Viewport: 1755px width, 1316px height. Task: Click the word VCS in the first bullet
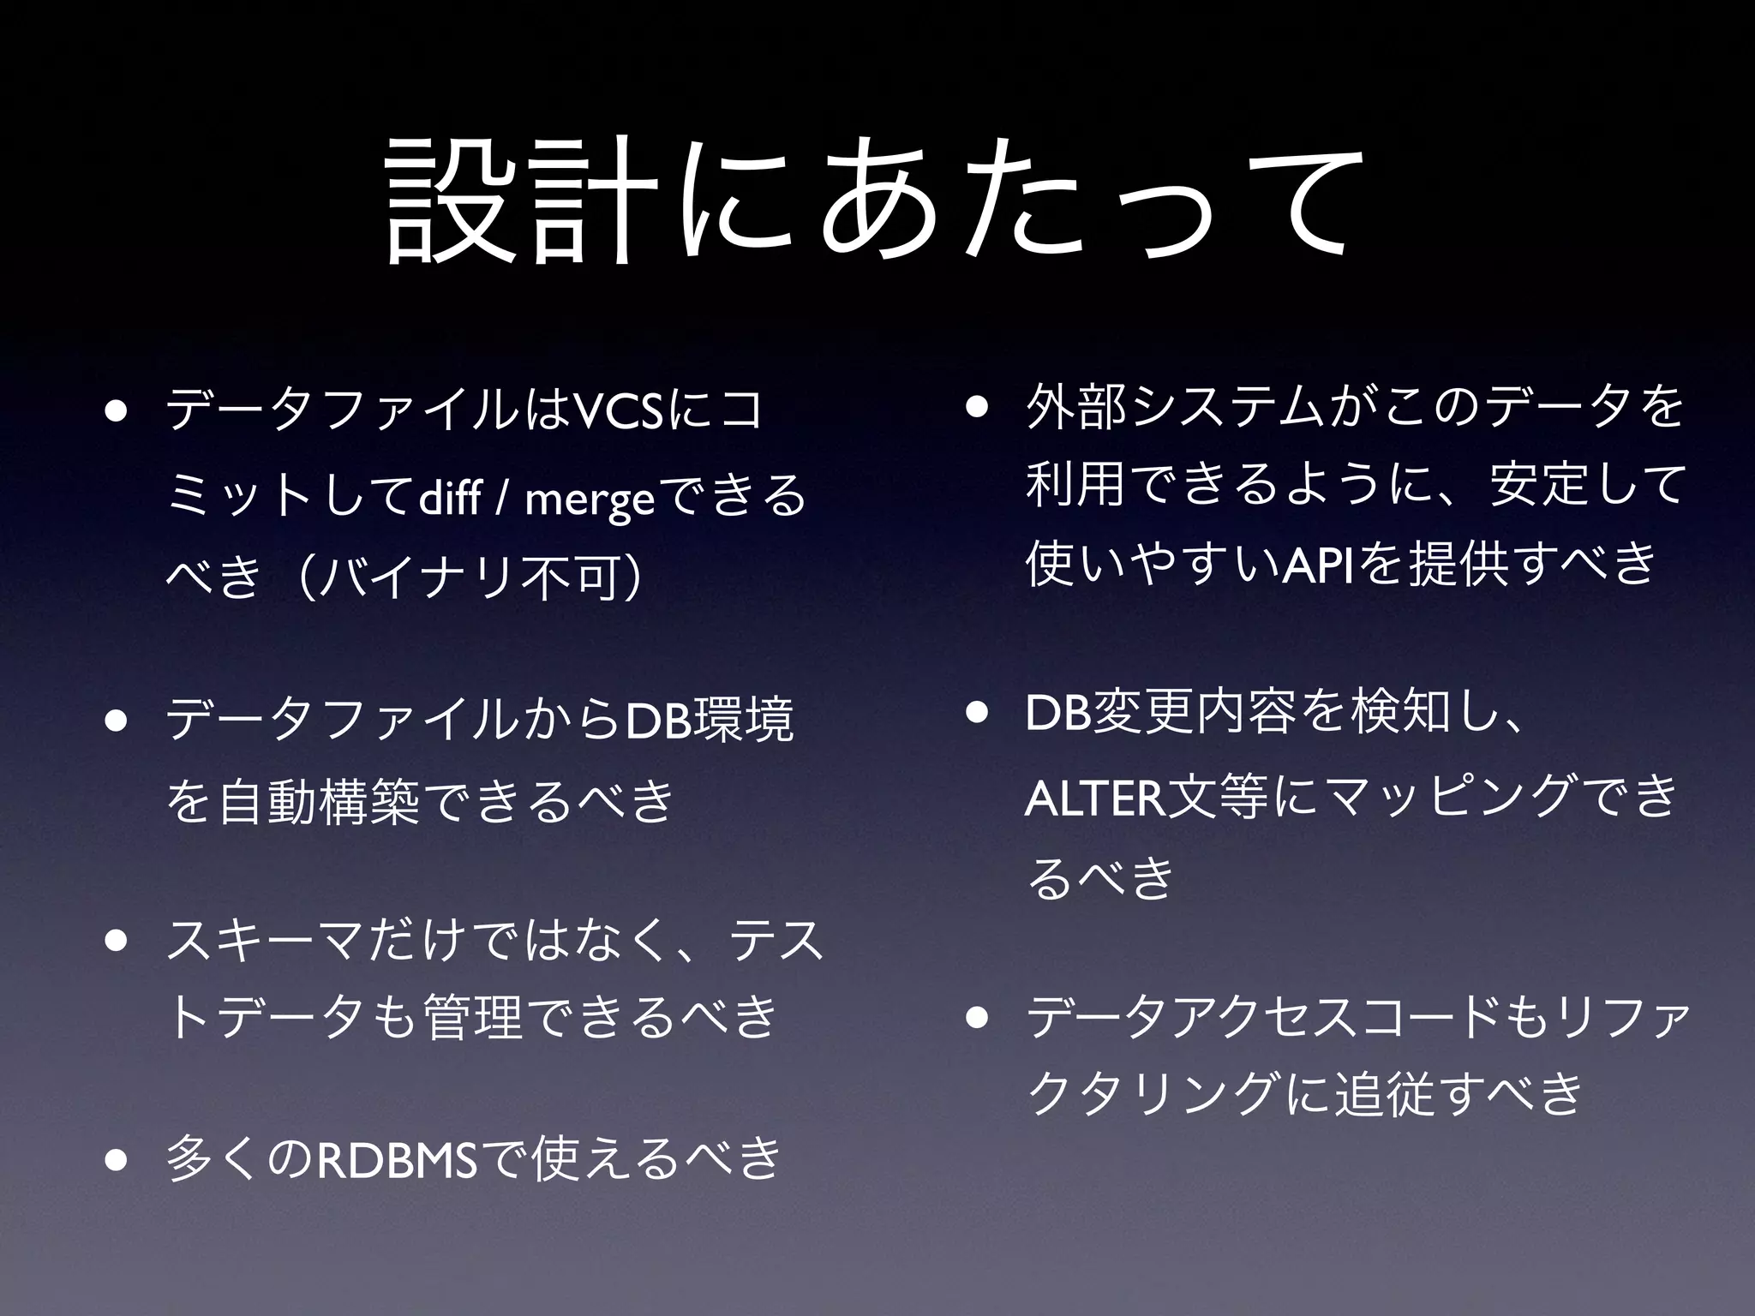(617, 410)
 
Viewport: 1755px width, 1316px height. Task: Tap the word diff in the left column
(449, 497)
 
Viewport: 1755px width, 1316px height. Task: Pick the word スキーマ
(266, 940)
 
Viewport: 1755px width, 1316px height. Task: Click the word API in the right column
(1317, 565)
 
